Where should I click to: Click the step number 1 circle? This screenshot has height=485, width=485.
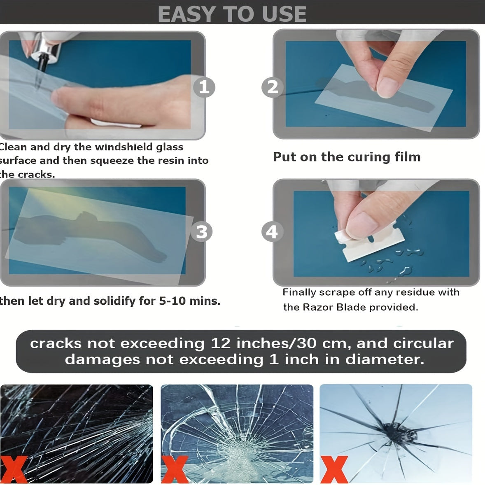click(x=204, y=87)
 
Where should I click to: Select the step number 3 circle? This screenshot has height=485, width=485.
click(x=201, y=232)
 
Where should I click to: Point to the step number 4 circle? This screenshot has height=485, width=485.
click(x=272, y=232)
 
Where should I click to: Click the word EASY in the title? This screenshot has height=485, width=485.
click(x=185, y=14)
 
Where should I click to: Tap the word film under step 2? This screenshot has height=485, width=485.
click(x=407, y=157)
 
